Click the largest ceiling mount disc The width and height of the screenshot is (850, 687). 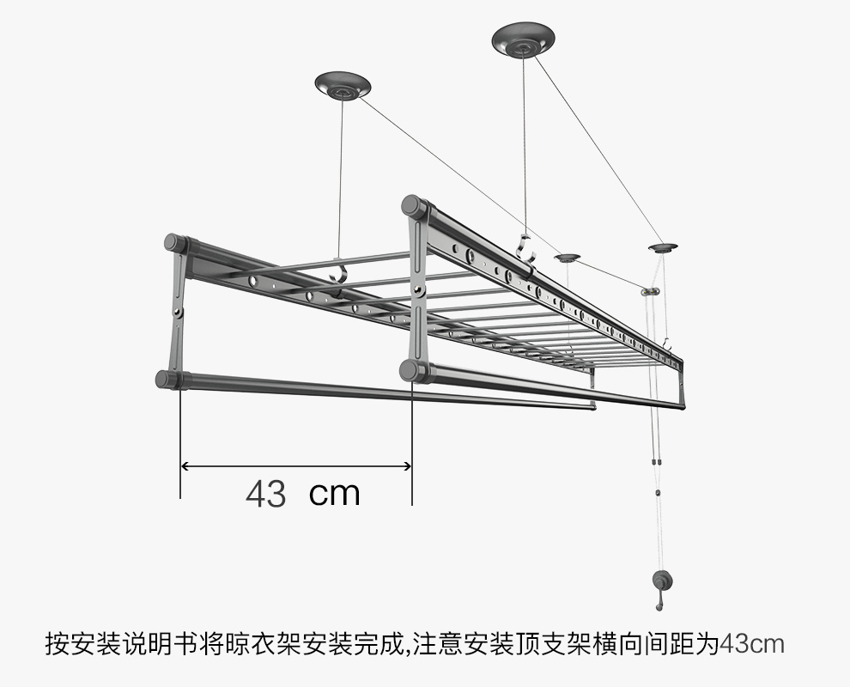coord(523,40)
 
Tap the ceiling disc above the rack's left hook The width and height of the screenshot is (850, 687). coord(343,86)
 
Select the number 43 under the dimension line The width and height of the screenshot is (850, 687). coord(265,494)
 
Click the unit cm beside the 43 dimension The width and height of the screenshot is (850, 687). coord(334,493)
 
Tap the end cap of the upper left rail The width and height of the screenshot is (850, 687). coord(175,243)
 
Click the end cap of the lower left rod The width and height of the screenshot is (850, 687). coord(167,379)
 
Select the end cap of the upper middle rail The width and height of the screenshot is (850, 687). coord(413,207)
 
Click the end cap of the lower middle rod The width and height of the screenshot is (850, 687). coord(410,370)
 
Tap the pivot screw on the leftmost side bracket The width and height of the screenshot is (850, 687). coord(180,310)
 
